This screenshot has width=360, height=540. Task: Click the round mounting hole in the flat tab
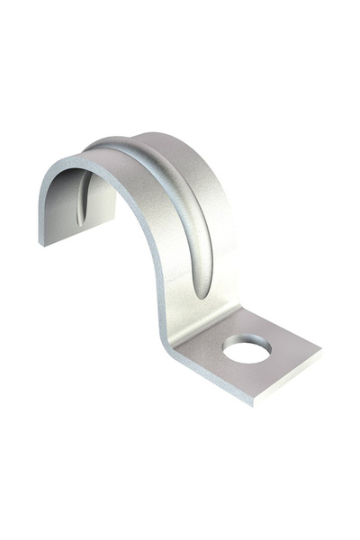247,348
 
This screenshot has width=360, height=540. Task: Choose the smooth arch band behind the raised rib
202,180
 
